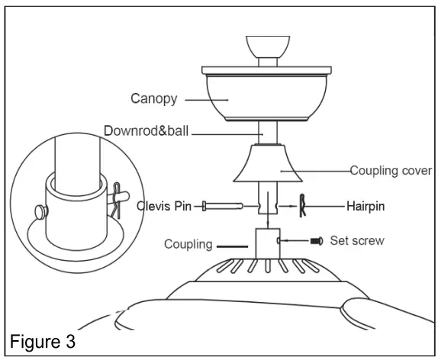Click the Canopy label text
[x=153, y=98]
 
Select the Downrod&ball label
[x=147, y=132]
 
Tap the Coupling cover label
[x=391, y=171]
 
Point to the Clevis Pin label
[x=169, y=206]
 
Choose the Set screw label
[x=356, y=241]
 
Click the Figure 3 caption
[x=42, y=339]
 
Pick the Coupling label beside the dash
[x=188, y=245]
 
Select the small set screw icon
[x=317, y=241]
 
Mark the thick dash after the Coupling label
[x=232, y=246]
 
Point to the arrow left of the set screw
[x=288, y=241]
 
